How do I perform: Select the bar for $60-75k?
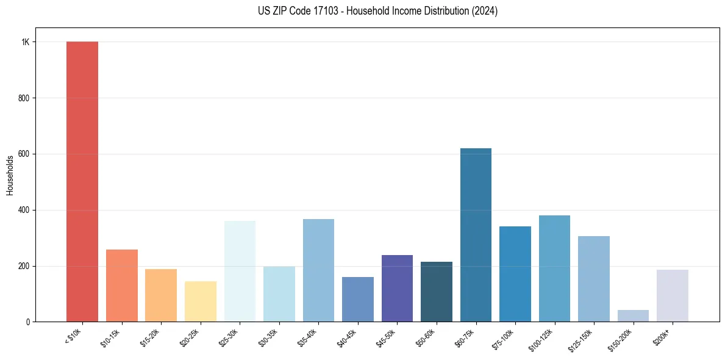pos(476,235)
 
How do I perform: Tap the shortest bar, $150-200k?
pos(633,315)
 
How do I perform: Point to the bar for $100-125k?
pos(554,268)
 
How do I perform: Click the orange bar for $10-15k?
pos(122,286)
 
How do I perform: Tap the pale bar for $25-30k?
pos(240,271)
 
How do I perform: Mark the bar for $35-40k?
pos(318,270)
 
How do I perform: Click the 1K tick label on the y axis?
pos(26,42)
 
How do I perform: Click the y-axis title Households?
pos(10,175)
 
